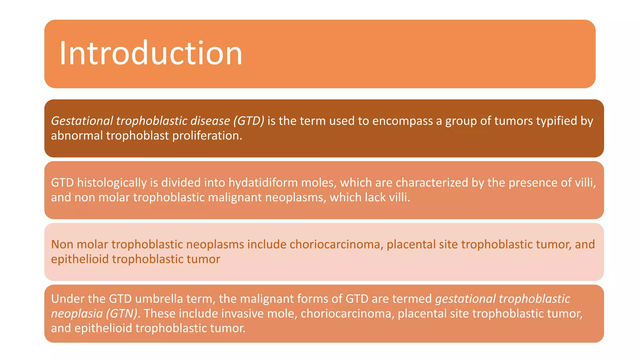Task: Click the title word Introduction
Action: click(x=151, y=53)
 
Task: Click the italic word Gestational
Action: click(x=82, y=121)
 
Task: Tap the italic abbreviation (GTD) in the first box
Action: click(x=249, y=121)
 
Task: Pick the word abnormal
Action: click(x=77, y=136)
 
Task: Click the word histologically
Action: click(x=112, y=182)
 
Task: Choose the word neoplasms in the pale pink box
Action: click(x=215, y=244)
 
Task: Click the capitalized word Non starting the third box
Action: click(x=62, y=244)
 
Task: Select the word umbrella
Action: click(x=159, y=299)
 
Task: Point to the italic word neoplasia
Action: click(x=77, y=313)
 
